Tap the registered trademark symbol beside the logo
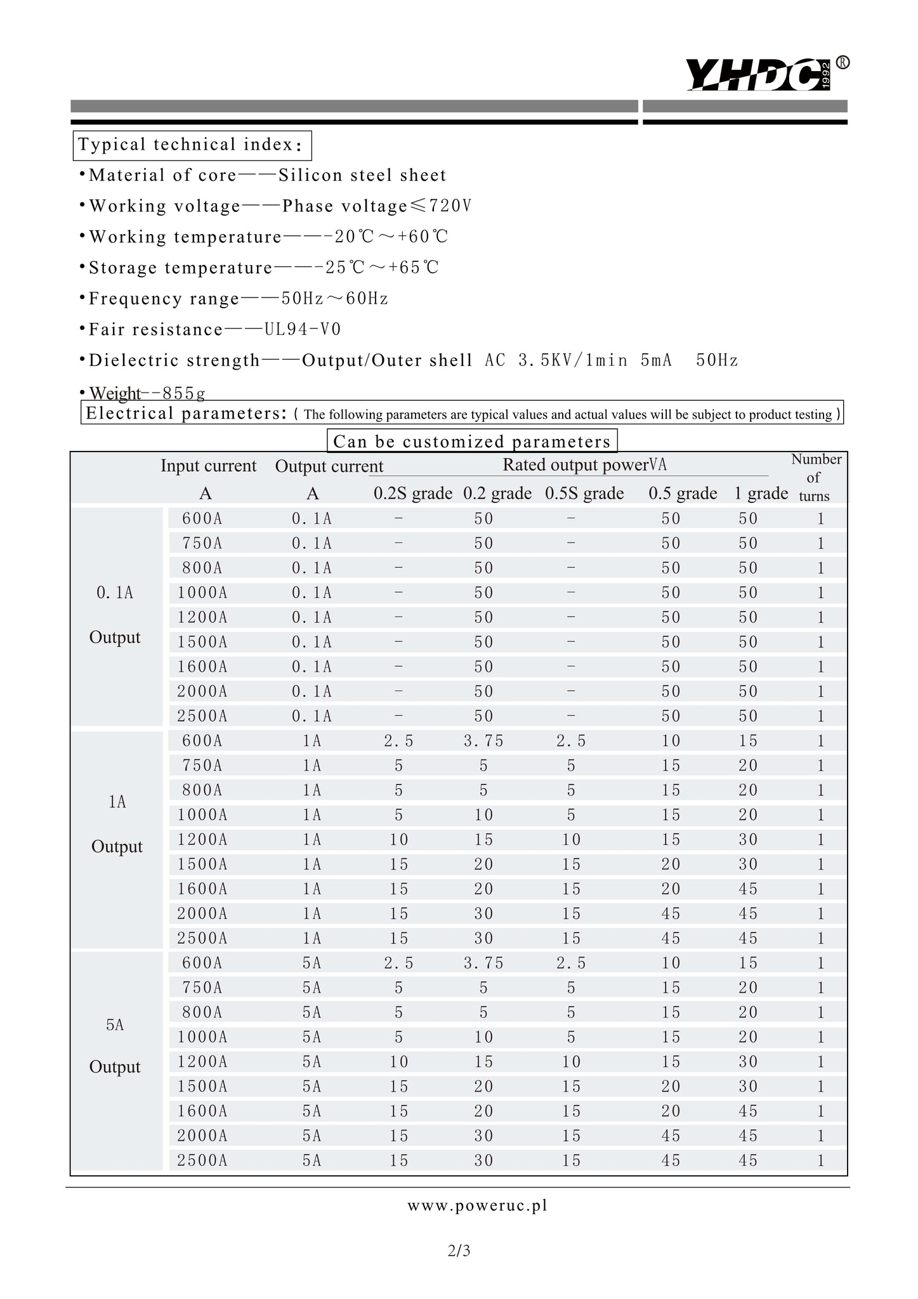pyautogui.click(x=843, y=62)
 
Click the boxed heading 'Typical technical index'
pyautogui.click(x=192, y=145)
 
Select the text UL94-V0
pyautogui.click(x=303, y=329)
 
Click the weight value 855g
pyautogui.click(x=183, y=393)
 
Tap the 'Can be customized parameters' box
pyautogui.click(x=471, y=441)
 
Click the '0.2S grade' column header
pyautogui.click(x=412, y=493)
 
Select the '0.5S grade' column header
pyautogui.click(x=584, y=493)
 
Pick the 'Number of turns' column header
pyautogui.click(x=815, y=477)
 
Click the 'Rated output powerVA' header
pyautogui.click(x=584, y=465)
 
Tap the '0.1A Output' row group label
pyautogui.click(x=115, y=615)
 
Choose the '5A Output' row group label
pyautogui.click(x=115, y=1045)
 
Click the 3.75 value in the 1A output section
pyautogui.click(x=483, y=741)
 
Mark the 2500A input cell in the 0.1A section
pyautogui.click(x=202, y=716)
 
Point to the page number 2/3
pyautogui.click(x=459, y=1251)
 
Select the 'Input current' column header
pyautogui.click(x=208, y=466)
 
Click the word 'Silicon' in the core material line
pyautogui.click(x=309, y=175)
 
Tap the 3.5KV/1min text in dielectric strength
pyautogui.click(x=573, y=360)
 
